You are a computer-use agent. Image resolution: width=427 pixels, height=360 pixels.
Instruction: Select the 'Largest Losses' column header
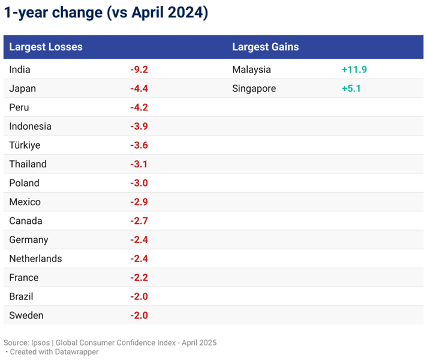coord(46,47)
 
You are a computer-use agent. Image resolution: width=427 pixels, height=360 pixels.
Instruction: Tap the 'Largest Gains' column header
coord(265,47)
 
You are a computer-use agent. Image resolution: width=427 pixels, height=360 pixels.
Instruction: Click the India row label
coord(20,70)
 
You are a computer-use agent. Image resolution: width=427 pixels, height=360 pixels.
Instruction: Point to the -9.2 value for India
coord(139,70)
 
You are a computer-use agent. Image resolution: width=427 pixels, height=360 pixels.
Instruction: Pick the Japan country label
coord(23,89)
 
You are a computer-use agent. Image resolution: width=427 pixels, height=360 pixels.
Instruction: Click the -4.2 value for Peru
coord(139,107)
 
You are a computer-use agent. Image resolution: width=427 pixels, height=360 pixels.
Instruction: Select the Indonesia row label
coord(31,127)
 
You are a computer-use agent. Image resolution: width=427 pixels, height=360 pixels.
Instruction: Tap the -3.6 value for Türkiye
coord(139,145)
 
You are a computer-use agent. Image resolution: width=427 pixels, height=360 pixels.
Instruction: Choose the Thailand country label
coord(28,164)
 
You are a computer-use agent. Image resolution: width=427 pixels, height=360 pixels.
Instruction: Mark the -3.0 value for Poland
coord(139,183)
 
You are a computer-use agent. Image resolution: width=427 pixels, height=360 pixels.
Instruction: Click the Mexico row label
coord(25,202)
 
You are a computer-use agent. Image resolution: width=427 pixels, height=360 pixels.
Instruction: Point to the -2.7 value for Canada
coord(139,221)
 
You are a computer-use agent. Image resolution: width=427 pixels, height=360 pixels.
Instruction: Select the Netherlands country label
coord(35,259)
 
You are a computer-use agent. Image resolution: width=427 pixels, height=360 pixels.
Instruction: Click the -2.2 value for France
coord(139,278)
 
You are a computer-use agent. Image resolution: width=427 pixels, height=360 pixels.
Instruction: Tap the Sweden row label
coord(26,316)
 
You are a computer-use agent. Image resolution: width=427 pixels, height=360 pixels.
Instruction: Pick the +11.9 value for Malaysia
coord(354,70)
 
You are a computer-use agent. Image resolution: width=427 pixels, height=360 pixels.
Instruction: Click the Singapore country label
coord(254,89)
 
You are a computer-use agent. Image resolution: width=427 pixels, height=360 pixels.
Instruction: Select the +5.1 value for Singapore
coord(351,89)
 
